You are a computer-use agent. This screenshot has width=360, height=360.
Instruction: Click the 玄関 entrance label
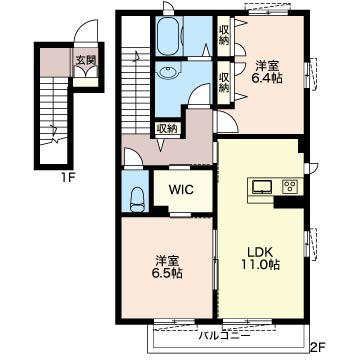[x=86, y=60]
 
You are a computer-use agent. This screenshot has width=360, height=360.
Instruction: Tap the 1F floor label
[x=67, y=177]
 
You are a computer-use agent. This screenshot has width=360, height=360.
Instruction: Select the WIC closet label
[x=181, y=190]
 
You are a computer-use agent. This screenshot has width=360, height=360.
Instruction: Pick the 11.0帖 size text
[x=260, y=265]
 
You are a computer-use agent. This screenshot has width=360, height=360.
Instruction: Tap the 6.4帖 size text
[x=267, y=79]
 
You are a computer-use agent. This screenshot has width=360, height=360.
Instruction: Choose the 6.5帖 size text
[x=167, y=273]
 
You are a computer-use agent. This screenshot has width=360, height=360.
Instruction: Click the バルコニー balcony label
[x=224, y=335]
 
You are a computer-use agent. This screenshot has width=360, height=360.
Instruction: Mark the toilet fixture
[x=135, y=200]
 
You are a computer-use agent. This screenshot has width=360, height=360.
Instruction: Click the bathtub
[x=169, y=36]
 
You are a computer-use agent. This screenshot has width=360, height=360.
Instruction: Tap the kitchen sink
[x=263, y=187]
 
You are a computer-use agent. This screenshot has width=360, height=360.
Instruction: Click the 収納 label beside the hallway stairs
[x=168, y=128]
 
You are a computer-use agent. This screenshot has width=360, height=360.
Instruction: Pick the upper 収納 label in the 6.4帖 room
[x=224, y=35]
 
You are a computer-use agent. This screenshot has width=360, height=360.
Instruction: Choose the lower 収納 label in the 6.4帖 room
[x=224, y=82]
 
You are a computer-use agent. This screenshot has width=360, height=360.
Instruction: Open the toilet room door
[x=133, y=157]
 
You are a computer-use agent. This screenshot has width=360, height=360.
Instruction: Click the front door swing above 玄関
[x=86, y=32]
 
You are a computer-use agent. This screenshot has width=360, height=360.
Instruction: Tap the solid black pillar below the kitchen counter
[x=289, y=202]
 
